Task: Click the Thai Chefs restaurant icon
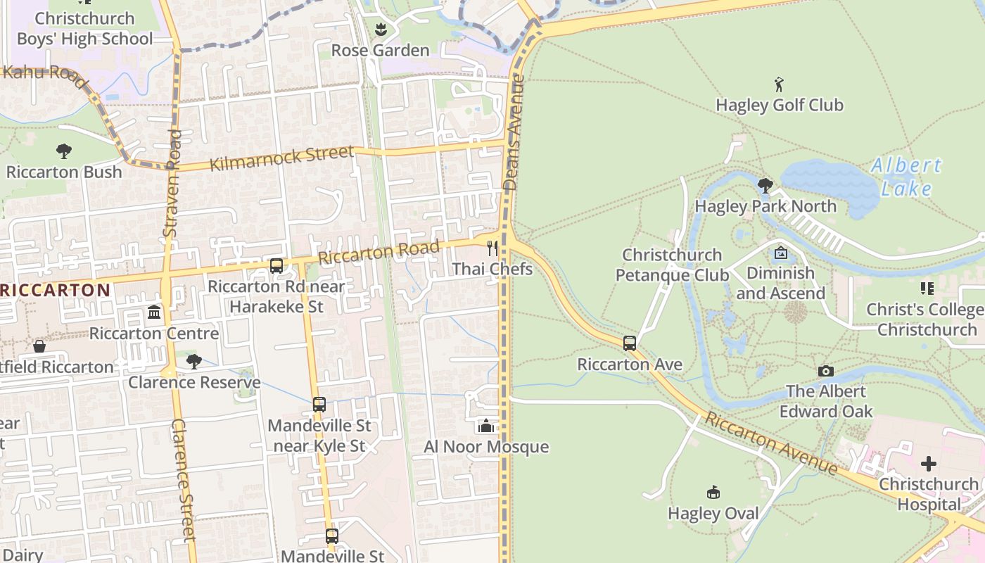point(493,248)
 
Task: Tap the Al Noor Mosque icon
point(485,426)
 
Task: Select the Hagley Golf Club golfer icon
point(779,85)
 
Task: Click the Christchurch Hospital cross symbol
point(929,464)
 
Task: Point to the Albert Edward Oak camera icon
point(826,371)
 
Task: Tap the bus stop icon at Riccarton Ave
point(630,343)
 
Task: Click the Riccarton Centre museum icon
point(154,312)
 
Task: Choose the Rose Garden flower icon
point(381,30)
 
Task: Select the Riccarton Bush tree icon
point(64,151)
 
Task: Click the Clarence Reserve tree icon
point(193,362)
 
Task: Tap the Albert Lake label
point(906,177)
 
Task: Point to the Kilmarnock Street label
point(281,158)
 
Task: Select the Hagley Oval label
point(713,514)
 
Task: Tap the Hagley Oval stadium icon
point(713,492)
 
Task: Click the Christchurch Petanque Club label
point(672,265)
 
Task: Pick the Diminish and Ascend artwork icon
point(780,253)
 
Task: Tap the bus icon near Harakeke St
point(277,266)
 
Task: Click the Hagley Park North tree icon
point(765,186)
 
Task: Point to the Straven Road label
point(172,183)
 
